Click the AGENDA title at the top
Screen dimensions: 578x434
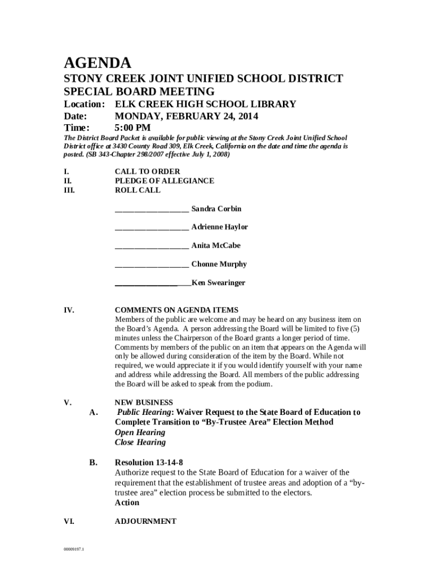click(98, 62)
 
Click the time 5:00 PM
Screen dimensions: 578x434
click(132, 128)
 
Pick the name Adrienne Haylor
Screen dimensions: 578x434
click(219, 227)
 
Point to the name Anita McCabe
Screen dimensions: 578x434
click(216, 246)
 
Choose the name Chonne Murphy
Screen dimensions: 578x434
click(219, 264)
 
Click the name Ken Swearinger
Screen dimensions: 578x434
click(218, 283)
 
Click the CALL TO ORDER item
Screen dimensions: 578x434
click(147, 172)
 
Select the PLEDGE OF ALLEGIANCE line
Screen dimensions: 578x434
click(164, 181)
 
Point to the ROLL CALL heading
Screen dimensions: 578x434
click(138, 190)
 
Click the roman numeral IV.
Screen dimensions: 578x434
click(69, 310)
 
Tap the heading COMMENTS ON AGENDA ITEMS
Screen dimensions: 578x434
click(176, 310)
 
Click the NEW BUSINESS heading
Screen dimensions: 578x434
click(144, 402)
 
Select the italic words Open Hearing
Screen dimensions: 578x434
click(140, 432)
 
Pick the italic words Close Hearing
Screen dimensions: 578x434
click(140, 443)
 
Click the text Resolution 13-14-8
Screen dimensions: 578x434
click(149, 462)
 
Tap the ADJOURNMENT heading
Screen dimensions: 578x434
click(145, 522)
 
